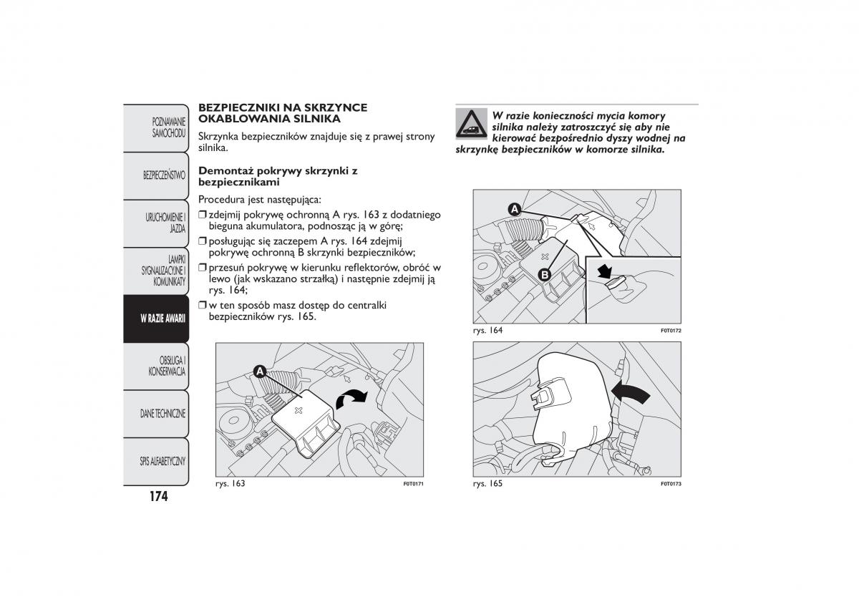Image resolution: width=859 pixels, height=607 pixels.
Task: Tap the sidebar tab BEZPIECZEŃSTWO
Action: (164, 175)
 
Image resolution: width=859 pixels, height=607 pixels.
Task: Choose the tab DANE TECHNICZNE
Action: (163, 414)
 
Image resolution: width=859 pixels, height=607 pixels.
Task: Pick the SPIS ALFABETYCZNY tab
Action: (163, 461)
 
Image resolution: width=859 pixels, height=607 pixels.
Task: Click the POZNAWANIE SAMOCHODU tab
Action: (169, 127)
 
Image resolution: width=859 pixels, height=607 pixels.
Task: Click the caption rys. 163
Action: (230, 484)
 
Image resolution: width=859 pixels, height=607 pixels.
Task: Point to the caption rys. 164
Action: (487, 330)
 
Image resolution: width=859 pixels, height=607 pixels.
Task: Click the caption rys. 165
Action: (487, 484)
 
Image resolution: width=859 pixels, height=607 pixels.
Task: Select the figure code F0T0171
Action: (414, 485)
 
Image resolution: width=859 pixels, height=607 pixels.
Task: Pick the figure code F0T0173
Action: (670, 485)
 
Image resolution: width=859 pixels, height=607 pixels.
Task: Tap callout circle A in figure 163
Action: (259, 371)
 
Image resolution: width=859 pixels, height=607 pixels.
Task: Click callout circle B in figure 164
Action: (544, 274)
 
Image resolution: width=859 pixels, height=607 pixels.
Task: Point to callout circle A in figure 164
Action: (514, 209)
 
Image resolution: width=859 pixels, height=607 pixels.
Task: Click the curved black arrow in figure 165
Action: (632, 392)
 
